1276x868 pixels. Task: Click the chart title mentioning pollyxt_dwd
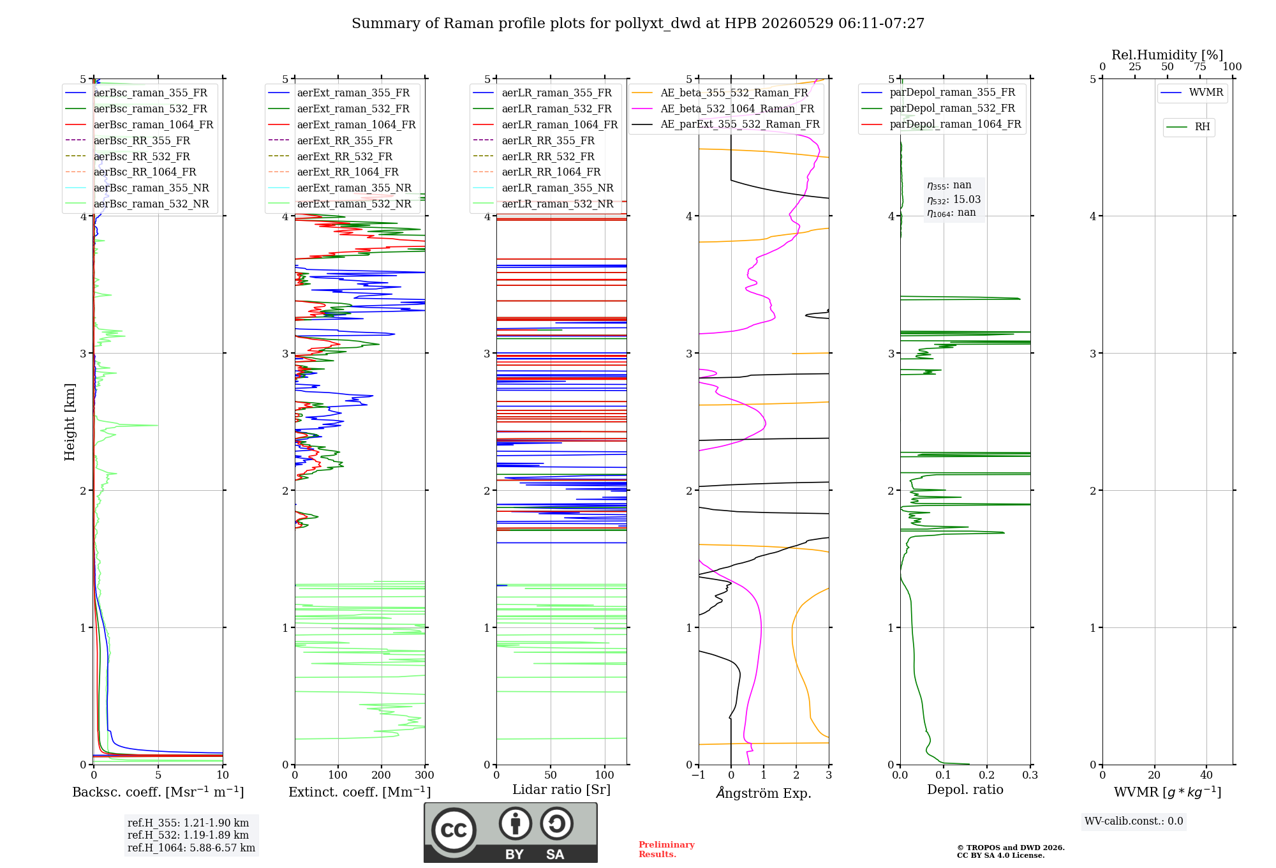pyautogui.click(x=638, y=24)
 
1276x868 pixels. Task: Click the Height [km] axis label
pyautogui.click(x=70, y=422)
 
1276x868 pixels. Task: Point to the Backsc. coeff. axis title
pyautogui.click(x=158, y=792)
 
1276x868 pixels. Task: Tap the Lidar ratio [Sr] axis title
pyautogui.click(x=561, y=789)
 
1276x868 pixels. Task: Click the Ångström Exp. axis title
pyautogui.click(x=764, y=793)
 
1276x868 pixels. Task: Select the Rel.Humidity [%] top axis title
pyautogui.click(x=1168, y=55)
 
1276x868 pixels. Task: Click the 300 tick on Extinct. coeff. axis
pyautogui.click(x=425, y=775)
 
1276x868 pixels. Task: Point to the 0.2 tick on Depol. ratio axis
pyautogui.click(x=987, y=775)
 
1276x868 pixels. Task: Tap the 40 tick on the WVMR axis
pyautogui.click(x=1206, y=775)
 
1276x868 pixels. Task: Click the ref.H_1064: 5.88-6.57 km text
pyautogui.click(x=191, y=848)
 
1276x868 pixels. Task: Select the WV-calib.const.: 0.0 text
pyautogui.click(x=1134, y=821)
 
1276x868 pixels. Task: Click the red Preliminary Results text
pyautogui.click(x=667, y=849)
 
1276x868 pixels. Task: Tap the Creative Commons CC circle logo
pyautogui.click(x=454, y=830)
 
